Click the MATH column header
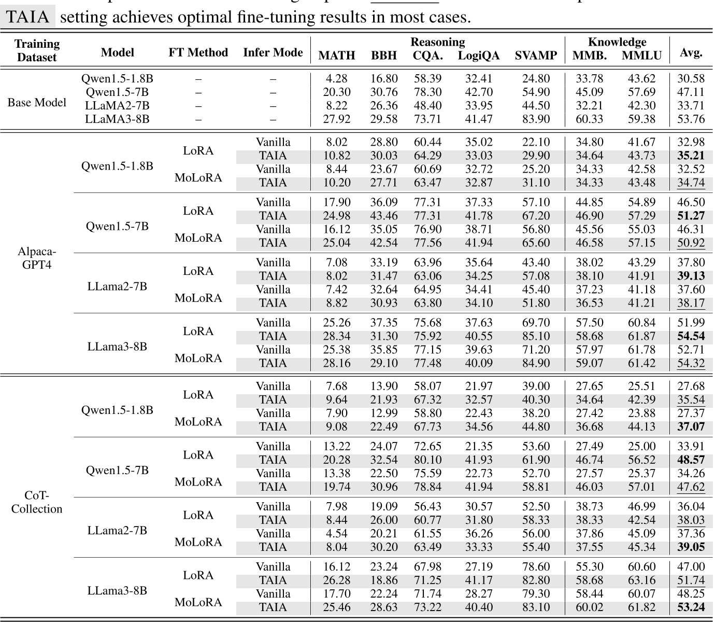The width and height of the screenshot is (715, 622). click(337, 56)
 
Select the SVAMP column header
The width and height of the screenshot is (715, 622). click(536, 56)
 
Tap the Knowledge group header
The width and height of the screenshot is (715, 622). click(617, 42)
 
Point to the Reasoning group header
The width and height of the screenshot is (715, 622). click(437, 42)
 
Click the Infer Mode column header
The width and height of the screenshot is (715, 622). click(273, 52)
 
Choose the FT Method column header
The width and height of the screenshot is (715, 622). click(198, 52)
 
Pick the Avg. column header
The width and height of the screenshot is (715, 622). click(691, 52)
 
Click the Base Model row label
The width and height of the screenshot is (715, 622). click(37, 102)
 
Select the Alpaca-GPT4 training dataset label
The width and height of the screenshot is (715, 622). click(37, 258)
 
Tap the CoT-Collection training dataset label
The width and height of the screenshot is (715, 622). click(37, 502)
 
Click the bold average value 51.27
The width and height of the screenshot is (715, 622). click(691, 216)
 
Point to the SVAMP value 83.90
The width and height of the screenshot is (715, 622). click(536, 119)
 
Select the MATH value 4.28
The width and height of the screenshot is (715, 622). click(337, 79)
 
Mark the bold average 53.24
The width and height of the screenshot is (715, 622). click(691, 607)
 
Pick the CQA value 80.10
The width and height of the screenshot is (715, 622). click(427, 460)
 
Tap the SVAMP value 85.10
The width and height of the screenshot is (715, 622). click(536, 336)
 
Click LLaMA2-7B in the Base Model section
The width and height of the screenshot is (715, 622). click(117, 105)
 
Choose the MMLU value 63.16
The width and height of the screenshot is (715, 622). click(641, 580)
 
